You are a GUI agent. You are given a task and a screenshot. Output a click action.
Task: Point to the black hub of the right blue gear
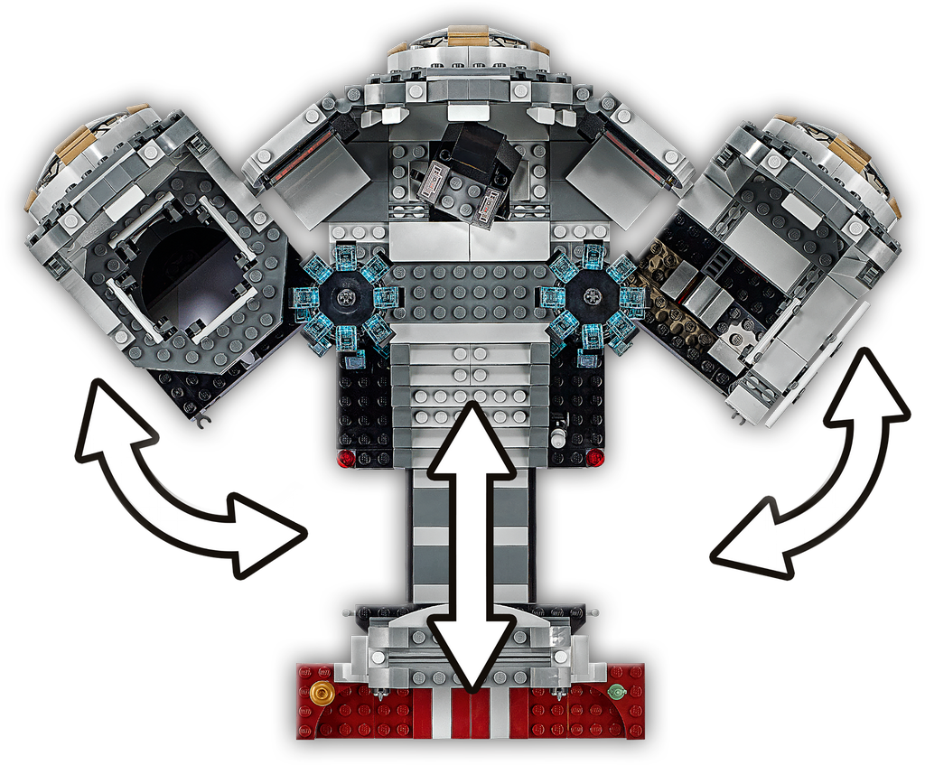[x=592, y=295]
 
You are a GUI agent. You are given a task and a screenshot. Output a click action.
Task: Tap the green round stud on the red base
[x=617, y=693]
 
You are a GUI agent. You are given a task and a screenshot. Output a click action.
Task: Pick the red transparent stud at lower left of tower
[x=345, y=459]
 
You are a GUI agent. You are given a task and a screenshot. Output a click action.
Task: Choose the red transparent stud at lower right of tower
[x=594, y=458]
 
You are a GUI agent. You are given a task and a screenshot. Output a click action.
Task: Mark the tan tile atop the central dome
[x=468, y=35]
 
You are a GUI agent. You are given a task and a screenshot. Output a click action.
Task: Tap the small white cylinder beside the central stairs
[x=558, y=437]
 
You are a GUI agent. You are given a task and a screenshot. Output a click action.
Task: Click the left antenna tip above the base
[x=345, y=613]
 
